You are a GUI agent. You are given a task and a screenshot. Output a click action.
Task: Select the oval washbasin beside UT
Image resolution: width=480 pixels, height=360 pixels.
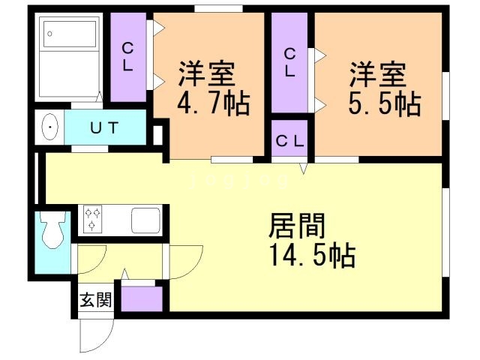49,127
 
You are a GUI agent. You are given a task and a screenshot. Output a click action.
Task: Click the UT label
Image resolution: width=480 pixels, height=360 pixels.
104,127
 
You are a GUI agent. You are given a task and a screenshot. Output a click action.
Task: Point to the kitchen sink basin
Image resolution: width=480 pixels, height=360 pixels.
146,220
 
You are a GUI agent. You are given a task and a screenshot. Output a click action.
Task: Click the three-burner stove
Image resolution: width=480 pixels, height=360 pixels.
92,220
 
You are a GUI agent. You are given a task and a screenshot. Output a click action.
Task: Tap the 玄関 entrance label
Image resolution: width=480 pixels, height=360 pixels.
95,300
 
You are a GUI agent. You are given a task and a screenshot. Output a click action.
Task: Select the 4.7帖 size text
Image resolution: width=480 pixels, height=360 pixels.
213,103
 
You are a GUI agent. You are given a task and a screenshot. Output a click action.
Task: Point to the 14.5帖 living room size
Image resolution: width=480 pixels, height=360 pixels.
312,255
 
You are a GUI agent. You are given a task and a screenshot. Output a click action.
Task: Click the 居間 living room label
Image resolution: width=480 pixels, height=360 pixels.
297,226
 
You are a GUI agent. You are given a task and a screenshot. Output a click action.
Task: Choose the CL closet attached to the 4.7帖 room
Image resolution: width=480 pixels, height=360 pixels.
128,57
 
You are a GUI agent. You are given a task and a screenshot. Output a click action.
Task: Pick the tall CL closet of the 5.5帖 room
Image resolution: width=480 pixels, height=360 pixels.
289,63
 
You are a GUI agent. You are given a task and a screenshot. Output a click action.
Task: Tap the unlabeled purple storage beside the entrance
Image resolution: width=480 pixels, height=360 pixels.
142,298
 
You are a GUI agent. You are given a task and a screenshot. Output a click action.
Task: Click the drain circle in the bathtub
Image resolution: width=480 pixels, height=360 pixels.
49,34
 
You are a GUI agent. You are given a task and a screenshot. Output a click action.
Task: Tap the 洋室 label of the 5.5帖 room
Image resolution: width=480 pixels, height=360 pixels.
378,74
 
